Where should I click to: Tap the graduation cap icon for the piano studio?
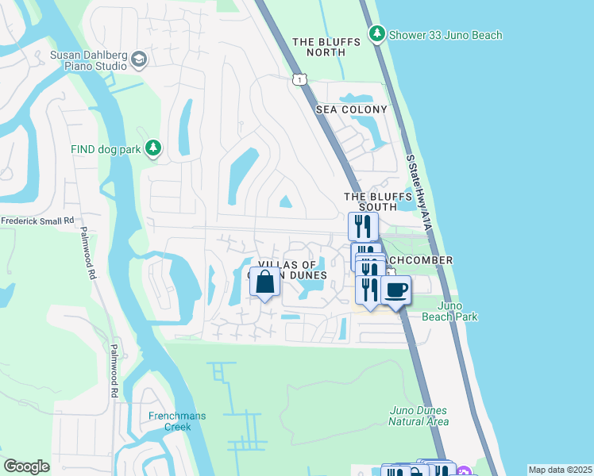click(x=139, y=59)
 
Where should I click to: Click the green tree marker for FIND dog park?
click(x=152, y=148)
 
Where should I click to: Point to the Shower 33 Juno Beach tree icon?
click(x=377, y=34)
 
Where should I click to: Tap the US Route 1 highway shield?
click(x=299, y=79)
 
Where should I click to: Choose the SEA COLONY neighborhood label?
click(x=352, y=109)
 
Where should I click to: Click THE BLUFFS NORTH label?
click(x=318, y=47)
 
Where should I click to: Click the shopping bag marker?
click(x=264, y=282)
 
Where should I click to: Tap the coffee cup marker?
click(x=395, y=290)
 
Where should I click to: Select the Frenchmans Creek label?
click(x=170, y=421)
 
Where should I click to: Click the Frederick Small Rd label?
click(x=37, y=221)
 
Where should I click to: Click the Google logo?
click(x=26, y=466)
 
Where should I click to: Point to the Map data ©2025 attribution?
click(x=560, y=470)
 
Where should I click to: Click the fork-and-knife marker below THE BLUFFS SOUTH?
click(x=363, y=226)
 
